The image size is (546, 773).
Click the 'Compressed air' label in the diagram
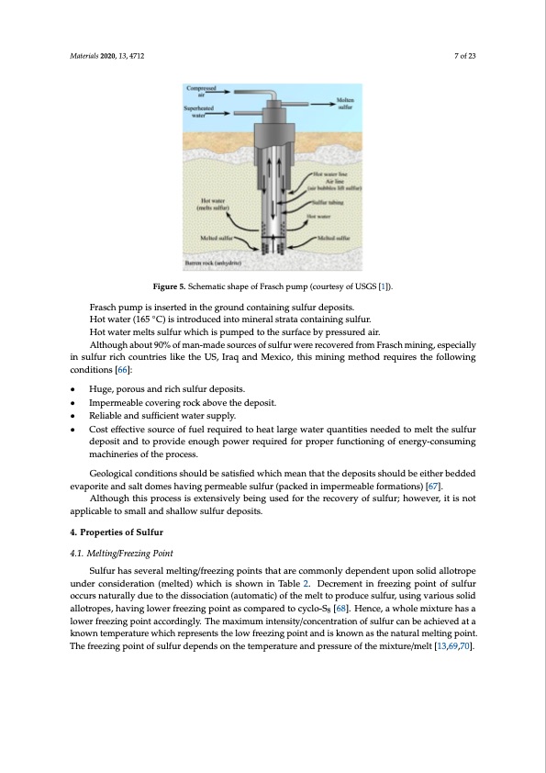coord(195,90)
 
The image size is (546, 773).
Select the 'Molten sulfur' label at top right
coord(347,104)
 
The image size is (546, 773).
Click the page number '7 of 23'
coord(469,57)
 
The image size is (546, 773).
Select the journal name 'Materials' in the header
coord(86,57)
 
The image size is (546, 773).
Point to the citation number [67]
coord(436,484)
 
